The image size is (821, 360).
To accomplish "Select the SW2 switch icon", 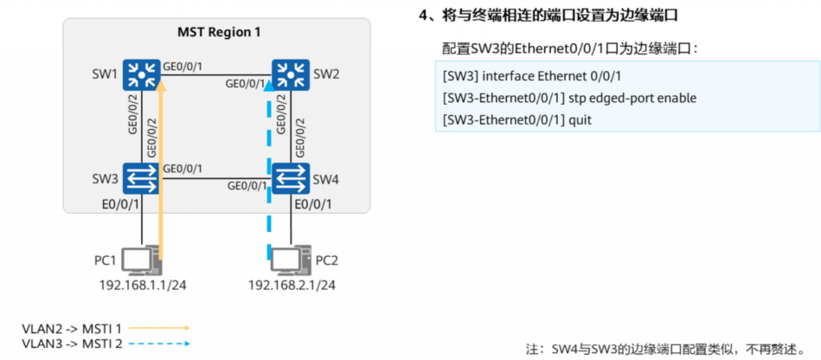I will [x=290, y=74].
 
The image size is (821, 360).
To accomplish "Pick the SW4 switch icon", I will [x=290, y=178].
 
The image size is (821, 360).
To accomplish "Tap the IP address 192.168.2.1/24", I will [x=292, y=285].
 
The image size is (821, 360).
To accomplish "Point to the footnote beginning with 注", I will [x=670, y=348].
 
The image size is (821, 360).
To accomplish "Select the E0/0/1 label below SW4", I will [x=313, y=205].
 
